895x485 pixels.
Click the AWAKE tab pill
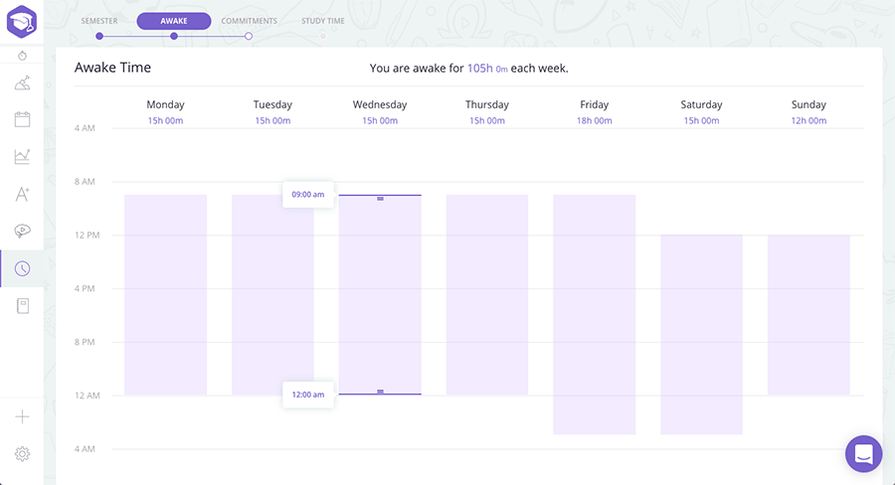pyautogui.click(x=174, y=21)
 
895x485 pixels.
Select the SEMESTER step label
pyautogui.click(x=99, y=21)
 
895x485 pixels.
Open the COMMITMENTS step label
pyautogui.click(x=249, y=21)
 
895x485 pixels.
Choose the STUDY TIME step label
pyautogui.click(x=323, y=21)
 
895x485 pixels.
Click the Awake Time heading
pyautogui.click(x=112, y=68)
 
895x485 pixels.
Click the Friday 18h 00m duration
pyautogui.click(x=594, y=121)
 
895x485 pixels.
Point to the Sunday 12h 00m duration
pyautogui.click(x=808, y=121)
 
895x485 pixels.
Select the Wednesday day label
pyautogui.click(x=380, y=104)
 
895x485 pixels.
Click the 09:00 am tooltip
pyautogui.click(x=307, y=194)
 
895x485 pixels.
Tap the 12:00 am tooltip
pyautogui.click(x=307, y=395)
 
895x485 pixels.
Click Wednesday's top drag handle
pyautogui.click(x=380, y=199)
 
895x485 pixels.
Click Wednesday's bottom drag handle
pyautogui.click(x=380, y=392)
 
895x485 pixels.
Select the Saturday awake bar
pyautogui.click(x=701, y=334)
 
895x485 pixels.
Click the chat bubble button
pyautogui.click(x=863, y=454)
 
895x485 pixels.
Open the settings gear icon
pyautogui.click(x=22, y=454)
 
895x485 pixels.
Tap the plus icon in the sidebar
pyautogui.click(x=22, y=417)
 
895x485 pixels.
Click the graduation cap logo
pyautogui.click(x=22, y=21)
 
